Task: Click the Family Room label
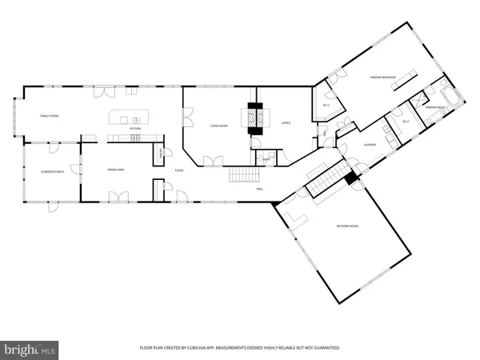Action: (x=50, y=117)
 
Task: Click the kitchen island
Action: (x=130, y=118)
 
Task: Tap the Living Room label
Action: (x=219, y=126)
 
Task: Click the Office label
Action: (x=286, y=123)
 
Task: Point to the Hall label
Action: (x=260, y=190)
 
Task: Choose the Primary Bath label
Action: (x=434, y=106)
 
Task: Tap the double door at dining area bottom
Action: (x=119, y=197)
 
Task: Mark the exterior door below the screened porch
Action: (x=52, y=206)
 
